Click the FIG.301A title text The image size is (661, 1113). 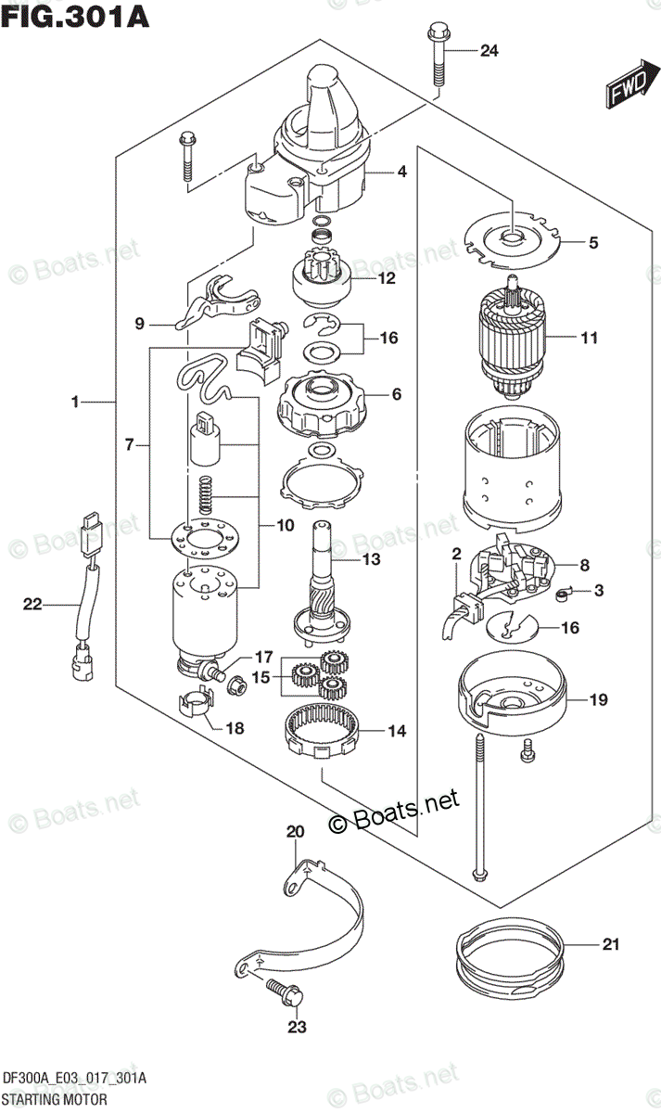pyautogui.click(x=77, y=16)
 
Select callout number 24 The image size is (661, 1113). pyautogui.click(x=489, y=51)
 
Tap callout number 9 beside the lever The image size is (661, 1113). pyautogui.click(x=140, y=324)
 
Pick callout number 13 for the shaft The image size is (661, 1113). pyautogui.click(x=371, y=559)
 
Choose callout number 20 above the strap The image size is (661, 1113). pyautogui.click(x=295, y=832)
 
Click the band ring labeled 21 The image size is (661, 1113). pyautogui.click(x=510, y=959)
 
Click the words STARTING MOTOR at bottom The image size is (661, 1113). pyautogui.click(x=56, y=1100)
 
